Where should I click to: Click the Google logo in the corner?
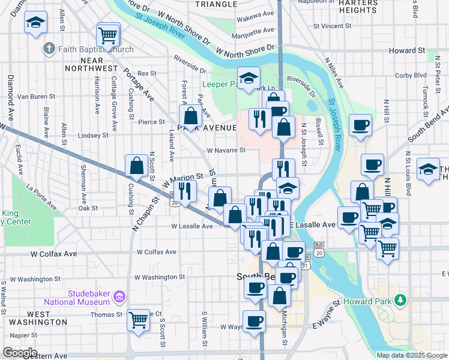point(20,352)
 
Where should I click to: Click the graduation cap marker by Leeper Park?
point(248,77)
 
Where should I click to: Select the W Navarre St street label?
point(226,151)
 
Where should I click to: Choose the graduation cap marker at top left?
point(35,22)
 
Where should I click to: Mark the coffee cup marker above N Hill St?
point(360,125)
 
